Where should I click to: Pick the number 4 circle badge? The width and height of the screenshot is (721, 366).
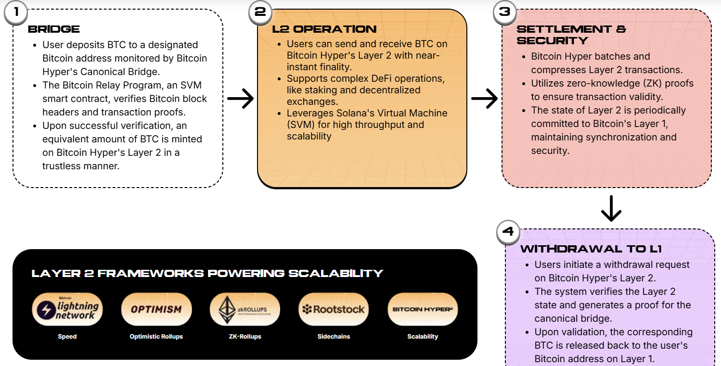508,232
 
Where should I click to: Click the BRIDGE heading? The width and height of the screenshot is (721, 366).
53,29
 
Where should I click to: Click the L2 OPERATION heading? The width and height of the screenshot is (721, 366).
324,29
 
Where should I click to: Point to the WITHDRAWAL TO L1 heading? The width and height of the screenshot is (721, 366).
591,249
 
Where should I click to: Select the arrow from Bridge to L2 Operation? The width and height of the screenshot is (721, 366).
240,99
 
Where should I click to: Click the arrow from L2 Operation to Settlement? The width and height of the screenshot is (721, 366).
484,99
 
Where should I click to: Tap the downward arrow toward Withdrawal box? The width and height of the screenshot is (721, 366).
611,208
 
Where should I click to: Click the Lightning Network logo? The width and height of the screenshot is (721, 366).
67,309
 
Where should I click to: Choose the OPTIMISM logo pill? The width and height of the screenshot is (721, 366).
156,309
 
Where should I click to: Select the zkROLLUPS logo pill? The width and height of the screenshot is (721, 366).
245,309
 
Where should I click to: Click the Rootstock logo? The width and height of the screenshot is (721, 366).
334,309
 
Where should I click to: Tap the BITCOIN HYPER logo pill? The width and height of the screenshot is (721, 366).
423,309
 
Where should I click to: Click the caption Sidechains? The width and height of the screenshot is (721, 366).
334,337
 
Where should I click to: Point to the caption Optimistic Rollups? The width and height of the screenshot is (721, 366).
156,337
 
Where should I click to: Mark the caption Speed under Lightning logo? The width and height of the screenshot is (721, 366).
67,337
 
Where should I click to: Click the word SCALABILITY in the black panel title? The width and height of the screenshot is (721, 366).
335,274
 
